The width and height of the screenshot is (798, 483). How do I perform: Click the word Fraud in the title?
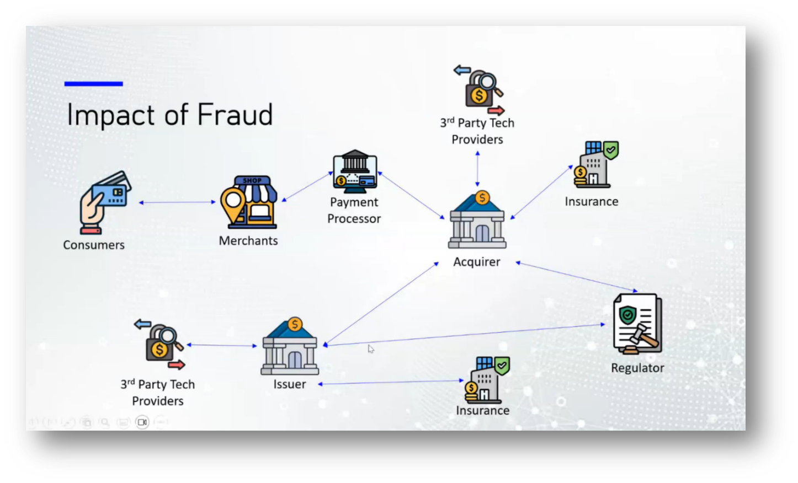tap(235, 115)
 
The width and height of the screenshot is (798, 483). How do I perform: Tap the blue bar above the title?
tap(93, 84)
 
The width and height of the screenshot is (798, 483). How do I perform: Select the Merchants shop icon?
tap(249, 202)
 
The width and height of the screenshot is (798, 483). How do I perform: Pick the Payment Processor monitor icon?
tap(355, 172)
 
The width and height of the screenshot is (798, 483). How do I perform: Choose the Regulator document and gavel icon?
tap(637, 324)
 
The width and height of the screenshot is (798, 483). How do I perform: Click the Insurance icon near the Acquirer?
tap(595, 164)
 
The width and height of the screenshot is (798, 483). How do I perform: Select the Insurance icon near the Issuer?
tap(486, 380)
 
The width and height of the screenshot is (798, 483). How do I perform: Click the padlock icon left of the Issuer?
tap(159, 345)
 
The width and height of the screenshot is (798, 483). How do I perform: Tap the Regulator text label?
tap(637, 368)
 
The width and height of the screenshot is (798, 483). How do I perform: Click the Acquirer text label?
tap(477, 262)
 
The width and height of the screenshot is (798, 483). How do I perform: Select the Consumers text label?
tap(94, 245)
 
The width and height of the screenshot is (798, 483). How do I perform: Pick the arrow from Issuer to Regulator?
tap(464, 335)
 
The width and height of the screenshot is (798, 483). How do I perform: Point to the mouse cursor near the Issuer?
tap(371, 348)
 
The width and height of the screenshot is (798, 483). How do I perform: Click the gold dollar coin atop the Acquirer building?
tap(482, 197)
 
